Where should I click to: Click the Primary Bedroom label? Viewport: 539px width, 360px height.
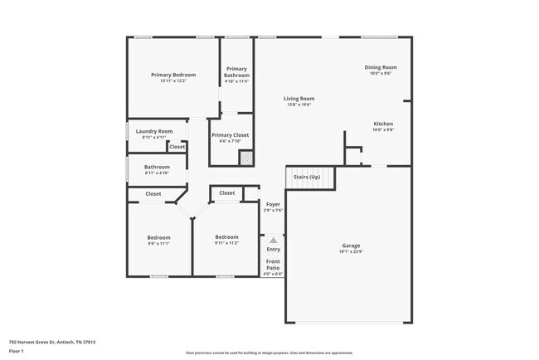(173, 75)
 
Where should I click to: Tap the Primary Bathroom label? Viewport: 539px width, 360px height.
(236, 72)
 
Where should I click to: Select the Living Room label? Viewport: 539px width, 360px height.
(299, 99)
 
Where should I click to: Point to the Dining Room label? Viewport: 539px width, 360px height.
(381, 67)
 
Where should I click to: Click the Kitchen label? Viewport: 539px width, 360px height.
(382, 124)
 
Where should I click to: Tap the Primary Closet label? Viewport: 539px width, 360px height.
(230, 135)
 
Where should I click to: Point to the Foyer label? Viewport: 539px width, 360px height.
(273, 204)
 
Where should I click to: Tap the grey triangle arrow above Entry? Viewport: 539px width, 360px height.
(273, 240)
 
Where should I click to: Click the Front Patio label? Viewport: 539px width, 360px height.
(273, 265)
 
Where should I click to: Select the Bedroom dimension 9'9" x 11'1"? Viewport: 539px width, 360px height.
(158, 244)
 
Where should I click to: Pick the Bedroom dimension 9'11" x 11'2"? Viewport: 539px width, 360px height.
(226, 243)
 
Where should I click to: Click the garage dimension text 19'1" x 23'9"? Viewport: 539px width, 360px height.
(351, 251)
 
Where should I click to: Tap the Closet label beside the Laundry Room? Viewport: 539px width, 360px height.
(177, 147)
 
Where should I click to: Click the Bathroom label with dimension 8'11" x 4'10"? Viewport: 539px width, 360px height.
(157, 167)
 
